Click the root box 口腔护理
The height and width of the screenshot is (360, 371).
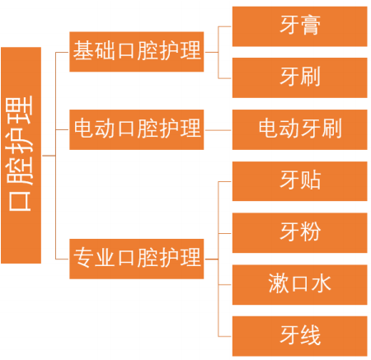[21, 155]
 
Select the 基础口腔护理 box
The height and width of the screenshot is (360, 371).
[137, 52]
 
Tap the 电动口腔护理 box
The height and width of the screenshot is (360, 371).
[137, 129]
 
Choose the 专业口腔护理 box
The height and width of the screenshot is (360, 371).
[137, 259]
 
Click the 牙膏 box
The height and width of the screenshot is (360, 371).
[300, 26]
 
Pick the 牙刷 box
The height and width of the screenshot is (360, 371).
[300, 77]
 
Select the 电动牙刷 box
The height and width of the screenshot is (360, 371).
[300, 129]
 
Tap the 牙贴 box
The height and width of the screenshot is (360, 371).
[300, 181]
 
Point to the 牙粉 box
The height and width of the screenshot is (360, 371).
[300, 233]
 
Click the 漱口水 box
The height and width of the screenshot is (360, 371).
[300, 285]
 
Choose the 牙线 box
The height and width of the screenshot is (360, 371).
[300, 336]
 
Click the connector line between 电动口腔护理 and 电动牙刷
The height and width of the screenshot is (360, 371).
[218, 130]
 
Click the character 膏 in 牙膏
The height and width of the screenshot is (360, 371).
[311, 25]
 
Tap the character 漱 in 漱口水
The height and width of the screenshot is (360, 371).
[278, 283]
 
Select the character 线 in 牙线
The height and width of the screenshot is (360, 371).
[311, 334]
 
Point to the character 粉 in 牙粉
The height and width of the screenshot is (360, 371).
[311, 231]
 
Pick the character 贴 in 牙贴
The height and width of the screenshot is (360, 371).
[311, 180]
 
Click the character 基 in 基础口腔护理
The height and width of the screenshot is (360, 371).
[83, 50]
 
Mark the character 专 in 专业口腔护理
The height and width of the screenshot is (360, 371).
[83, 257]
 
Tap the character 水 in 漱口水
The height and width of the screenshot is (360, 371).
[322, 283]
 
